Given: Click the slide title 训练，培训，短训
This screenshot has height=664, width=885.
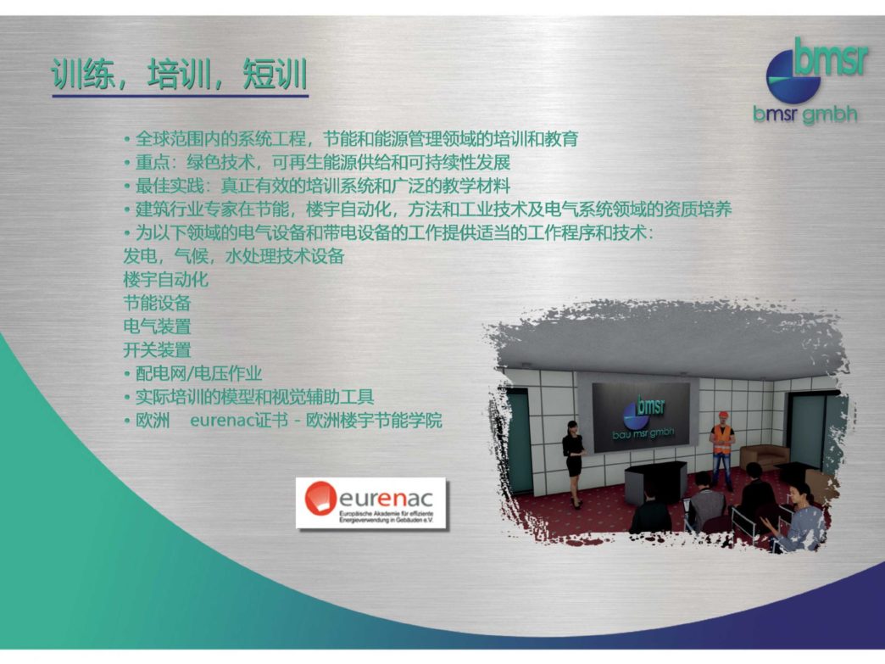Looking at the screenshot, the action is click(x=180, y=74).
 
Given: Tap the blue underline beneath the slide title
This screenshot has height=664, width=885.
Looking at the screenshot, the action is click(x=180, y=96).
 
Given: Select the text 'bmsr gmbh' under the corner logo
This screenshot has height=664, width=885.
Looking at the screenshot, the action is click(x=804, y=114).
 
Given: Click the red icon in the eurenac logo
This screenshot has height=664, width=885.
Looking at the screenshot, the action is click(x=320, y=498).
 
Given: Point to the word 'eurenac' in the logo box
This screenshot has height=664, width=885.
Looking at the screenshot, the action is click(x=386, y=498).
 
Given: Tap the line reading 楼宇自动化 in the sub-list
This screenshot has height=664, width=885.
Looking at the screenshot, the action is click(x=166, y=280).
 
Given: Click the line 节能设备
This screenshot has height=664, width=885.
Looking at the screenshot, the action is click(x=157, y=304).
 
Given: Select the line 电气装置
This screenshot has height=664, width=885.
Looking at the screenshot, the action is click(x=157, y=326).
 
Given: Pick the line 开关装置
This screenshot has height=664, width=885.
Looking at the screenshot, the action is click(x=157, y=350).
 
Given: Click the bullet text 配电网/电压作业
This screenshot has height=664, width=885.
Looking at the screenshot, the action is click(x=193, y=373).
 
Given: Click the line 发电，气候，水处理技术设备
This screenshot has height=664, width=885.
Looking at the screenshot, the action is click(x=234, y=256).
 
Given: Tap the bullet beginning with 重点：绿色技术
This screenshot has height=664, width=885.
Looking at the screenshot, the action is click(x=317, y=162).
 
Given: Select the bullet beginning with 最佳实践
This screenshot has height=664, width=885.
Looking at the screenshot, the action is click(x=317, y=186).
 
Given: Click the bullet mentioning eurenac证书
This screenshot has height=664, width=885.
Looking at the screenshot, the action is click(x=283, y=421).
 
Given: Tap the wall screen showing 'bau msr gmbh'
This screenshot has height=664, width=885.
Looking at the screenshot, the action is click(x=641, y=416).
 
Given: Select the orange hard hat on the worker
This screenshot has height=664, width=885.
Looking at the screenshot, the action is click(x=723, y=415).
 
